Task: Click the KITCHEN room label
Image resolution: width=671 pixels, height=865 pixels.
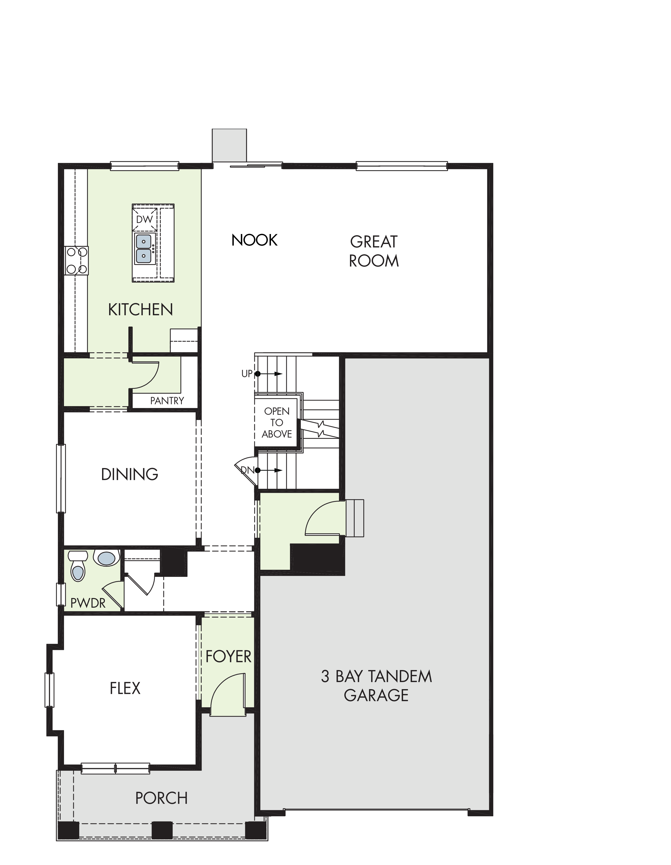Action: [140, 310]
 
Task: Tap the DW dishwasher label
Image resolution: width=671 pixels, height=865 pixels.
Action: [144, 219]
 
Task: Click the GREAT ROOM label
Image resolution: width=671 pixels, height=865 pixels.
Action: [374, 251]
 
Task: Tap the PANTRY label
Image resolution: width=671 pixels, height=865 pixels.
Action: [167, 401]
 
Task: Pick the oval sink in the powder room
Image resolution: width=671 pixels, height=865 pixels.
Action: [107, 558]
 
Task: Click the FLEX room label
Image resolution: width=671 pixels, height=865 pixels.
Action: [125, 688]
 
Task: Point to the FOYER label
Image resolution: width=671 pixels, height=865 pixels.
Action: [228, 657]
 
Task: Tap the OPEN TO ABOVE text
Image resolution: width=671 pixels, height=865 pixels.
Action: [277, 423]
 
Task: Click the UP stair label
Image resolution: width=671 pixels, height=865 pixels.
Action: [246, 373]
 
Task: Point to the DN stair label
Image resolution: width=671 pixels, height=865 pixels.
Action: [248, 470]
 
